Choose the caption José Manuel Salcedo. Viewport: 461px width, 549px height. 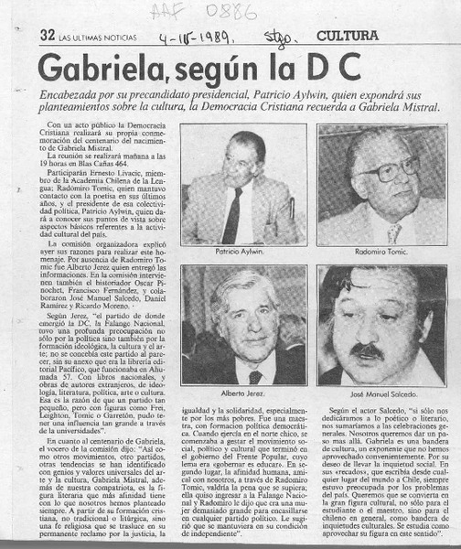click(x=381, y=391)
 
